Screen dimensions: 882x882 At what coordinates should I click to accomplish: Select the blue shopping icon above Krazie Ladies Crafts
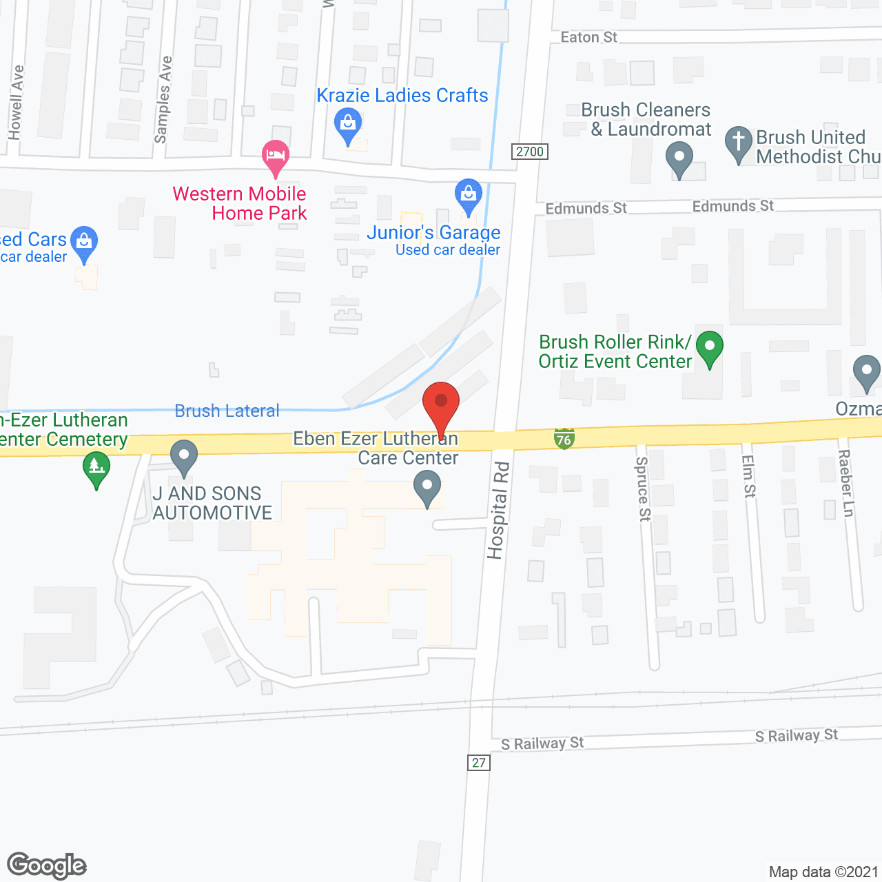(x=348, y=125)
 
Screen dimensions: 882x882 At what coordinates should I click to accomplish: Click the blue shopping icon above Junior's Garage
(x=469, y=194)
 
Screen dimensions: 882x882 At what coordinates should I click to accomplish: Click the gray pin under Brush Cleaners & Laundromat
(x=679, y=158)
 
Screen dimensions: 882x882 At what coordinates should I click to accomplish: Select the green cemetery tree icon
(x=96, y=468)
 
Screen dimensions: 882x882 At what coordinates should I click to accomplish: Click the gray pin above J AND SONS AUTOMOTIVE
(x=183, y=456)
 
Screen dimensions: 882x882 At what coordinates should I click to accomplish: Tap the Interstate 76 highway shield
(x=564, y=438)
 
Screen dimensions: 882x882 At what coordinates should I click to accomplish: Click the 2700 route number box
(x=530, y=152)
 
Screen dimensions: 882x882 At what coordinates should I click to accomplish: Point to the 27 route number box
(x=479, y=763)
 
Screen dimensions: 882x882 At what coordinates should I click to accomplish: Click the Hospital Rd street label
(x=498, y=511)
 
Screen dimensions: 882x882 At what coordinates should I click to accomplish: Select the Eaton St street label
(x=588, y=37)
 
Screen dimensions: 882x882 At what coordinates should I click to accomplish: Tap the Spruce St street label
(x=643, y=489)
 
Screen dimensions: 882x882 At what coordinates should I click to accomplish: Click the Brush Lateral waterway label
(x=227, y=411)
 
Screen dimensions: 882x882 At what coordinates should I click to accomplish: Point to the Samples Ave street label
(x=163, y=100)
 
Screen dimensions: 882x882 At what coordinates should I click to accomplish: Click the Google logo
(x=47, y=865)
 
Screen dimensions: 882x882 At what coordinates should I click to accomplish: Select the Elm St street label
(x=748, y=477)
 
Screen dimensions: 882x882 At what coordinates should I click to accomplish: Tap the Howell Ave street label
(x=16, y=102)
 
